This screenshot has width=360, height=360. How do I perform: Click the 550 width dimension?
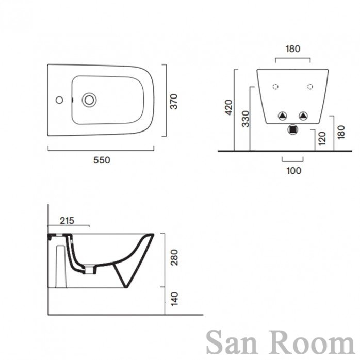(102, 160)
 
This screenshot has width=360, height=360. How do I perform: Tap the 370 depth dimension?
(174, 102)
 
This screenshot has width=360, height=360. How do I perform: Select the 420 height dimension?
(228, 107)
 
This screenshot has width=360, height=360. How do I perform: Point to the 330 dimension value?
(246, 119)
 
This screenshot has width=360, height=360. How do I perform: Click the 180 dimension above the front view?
(293, 49)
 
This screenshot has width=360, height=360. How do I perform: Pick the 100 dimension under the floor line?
(293, 171)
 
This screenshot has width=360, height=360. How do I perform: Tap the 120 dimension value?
(322, 138)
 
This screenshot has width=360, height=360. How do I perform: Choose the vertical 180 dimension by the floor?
(341, 132)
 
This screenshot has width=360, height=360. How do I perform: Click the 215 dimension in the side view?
(67, 221)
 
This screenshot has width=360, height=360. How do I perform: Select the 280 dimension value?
(174, 257)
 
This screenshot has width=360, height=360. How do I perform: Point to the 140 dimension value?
(174, 299)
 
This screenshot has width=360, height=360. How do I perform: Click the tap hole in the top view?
(59, 100)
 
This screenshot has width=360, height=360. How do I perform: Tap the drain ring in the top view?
(89, 100)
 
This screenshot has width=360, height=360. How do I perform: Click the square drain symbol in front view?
(293, 129)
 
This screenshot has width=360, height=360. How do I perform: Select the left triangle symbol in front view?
(283, 116)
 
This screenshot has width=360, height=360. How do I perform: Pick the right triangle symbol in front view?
(303, 116)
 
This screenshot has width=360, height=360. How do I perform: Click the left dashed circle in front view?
(275, 87)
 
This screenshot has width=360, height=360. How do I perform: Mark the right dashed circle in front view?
(310, 87)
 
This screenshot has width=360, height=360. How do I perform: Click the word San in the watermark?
(232, 342)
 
